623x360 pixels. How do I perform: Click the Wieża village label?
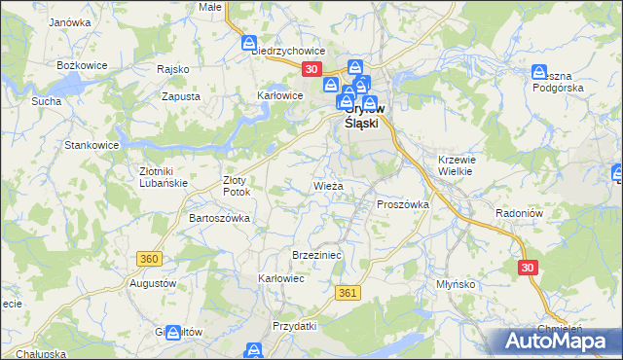pyautogui.click(x=327, y=185)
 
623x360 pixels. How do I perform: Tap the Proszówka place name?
pyautogui.click(x=403, y=204)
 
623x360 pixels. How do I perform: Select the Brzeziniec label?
pyautogui.click(x=313, y=254)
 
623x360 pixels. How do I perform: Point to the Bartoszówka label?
pyautogui.click(x=219, y=218)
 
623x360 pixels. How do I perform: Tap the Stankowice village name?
pyautogui.click(x=92, y=145)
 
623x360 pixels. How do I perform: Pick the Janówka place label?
pyautogui.click(x=69, y=21)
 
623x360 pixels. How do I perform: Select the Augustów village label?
pyautogui.click(x=152, y=283)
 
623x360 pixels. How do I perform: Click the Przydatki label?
pyautogui.click(x=295, y=326)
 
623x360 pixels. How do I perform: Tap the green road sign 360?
pyautogui.click(x=149, y=259)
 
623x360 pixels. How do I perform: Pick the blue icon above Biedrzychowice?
pyautogui.click(x=249, y=43)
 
